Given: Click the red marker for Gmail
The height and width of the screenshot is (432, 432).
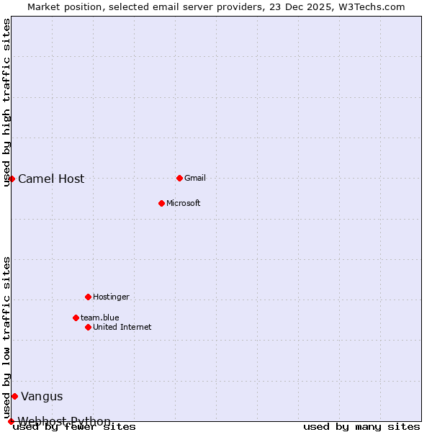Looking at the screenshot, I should coord(179,178).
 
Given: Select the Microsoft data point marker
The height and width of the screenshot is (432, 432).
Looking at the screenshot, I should coord(161,203).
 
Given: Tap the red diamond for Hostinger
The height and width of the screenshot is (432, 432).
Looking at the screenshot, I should coord(88,297).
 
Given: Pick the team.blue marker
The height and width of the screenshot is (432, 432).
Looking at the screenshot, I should coord(76,318).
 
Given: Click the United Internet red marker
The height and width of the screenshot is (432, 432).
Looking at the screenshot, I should coord(88,327).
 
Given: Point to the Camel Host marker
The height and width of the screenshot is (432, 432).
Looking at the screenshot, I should coord(12,179).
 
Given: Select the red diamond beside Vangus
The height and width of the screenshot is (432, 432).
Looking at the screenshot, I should coord(14,396).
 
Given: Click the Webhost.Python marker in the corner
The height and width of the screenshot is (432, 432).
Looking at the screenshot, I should coord(11,421).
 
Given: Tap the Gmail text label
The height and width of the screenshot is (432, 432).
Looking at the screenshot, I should coord(195,178).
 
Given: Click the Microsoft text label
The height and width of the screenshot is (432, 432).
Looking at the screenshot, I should coord(183,203).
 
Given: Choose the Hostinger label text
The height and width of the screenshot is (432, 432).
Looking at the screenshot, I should coord(111,297).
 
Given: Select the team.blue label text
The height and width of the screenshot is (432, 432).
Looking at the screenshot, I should coord(99,318).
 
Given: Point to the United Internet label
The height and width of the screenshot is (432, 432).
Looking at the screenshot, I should coord(122,327).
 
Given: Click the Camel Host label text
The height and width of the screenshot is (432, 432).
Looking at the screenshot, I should coord(51,179).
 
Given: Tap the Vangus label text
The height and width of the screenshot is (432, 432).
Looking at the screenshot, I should coord(42,396).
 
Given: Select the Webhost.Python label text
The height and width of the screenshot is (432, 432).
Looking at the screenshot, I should coord(64,421).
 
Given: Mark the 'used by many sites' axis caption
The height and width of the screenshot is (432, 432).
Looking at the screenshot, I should coord(361,426).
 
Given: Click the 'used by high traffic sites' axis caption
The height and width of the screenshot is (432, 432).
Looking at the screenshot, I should coord(7,102).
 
